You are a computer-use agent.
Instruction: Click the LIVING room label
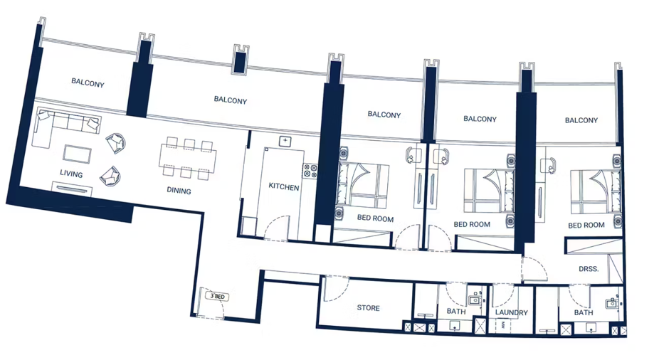[x=71, y=174]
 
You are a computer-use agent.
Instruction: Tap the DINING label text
[x=179, y=190]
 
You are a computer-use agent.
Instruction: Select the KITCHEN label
[x=284, y=187]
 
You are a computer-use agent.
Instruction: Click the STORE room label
[x=368, y=308]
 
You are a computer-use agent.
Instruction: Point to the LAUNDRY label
[x=511, y=312]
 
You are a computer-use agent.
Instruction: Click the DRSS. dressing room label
[x=589, y=269]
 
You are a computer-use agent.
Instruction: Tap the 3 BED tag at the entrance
[x=217, y=296]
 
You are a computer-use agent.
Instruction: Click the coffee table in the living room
[x=78, y=154]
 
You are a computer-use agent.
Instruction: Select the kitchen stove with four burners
[x=310, y=170]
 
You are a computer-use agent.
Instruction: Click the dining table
[x=187, y=158]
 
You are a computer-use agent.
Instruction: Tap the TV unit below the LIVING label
[x=72, y=189]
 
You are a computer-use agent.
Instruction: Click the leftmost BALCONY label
[x=88, y=83]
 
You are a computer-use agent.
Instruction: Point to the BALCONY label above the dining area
[x=231, y=100]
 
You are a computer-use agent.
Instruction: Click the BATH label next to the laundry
[x=456, y=312]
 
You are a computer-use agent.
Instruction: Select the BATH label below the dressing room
[x=584, y=312]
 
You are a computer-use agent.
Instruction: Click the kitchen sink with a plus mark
[x=285, y=141]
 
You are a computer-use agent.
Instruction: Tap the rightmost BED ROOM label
[x=586, y=225]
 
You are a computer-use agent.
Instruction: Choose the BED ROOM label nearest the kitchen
[x=375, y=218]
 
